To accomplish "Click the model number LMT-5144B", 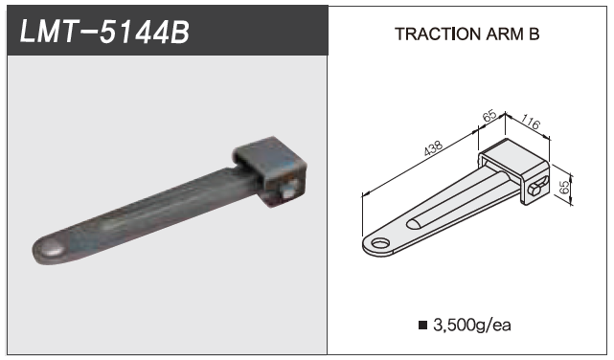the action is click(x=104, y=32).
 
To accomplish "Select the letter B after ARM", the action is click(x=534, y=34).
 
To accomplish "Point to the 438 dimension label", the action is click(x=434, y=148).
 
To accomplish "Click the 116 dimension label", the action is click(x=531, y=123).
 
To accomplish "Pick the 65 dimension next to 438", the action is click(x=489, y=116).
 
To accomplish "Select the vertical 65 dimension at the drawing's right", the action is click(x=564, y=187).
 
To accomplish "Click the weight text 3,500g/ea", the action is click(x=472, y=326).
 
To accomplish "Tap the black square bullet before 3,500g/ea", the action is click(x=422, y=325).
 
